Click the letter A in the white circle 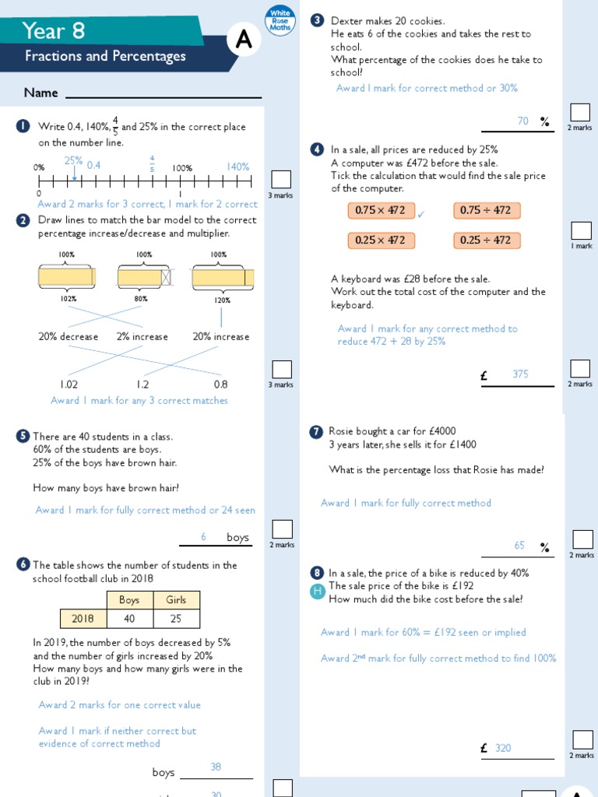click(244, 40)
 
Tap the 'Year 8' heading click(54, 30)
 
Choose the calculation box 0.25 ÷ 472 click(486, 240)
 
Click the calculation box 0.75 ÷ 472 click(486, 210)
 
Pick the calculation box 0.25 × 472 click(380, 240)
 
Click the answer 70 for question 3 click(523, 121)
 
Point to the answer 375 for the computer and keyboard click(520, 374)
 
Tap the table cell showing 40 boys click(129, 618)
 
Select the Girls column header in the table click(176, 599)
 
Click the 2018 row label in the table click(83, 618)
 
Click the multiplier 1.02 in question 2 click(69, 384)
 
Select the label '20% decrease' click(69, 337)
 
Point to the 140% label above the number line click(238, 167)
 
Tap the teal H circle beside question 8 click(317, 592)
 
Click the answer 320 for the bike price click(503, 748)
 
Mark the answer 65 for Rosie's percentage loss click(520, 546)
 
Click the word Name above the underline click(40, 93)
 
